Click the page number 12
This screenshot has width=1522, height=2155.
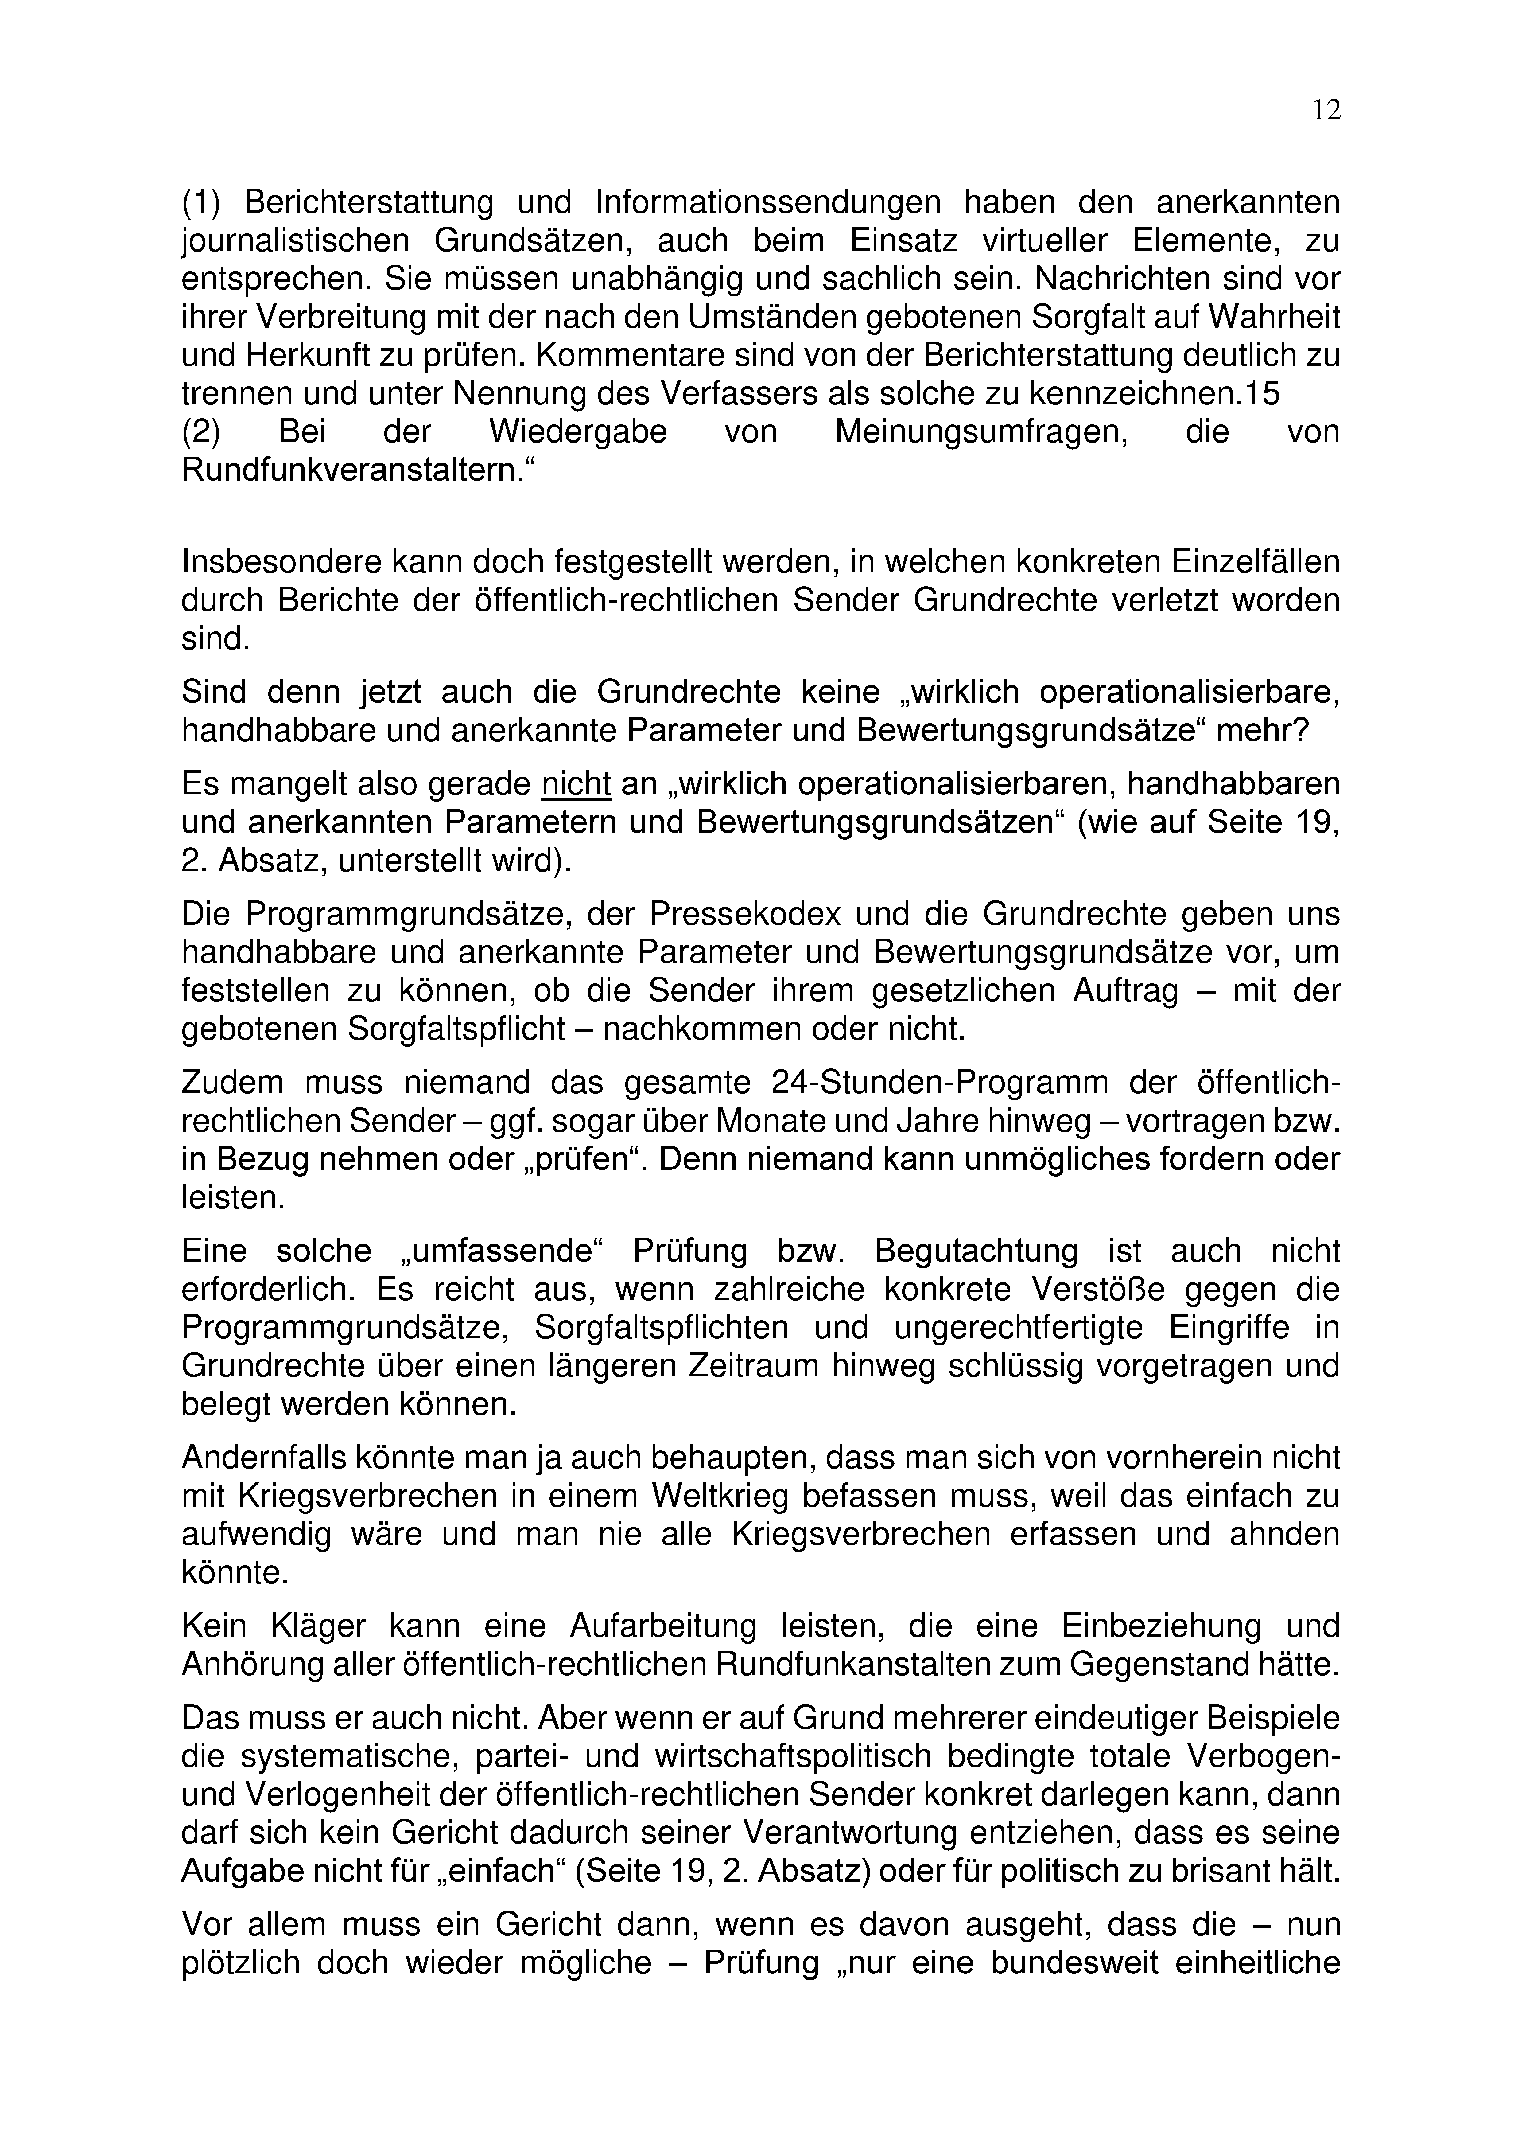(1326, 111)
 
